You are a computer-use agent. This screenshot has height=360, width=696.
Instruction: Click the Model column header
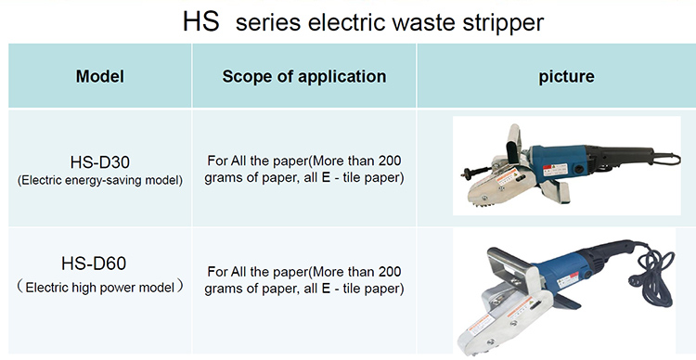tap(100, 76)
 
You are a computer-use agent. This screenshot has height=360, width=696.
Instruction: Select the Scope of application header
tap(304, 76)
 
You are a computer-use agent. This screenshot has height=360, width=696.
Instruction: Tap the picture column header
tap(566, 76)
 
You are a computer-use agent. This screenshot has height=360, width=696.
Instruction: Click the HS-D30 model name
tap(100, 162)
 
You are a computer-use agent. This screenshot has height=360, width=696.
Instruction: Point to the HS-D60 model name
tap(94, 264)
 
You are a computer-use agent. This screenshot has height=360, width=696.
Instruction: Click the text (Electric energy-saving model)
tap(100, 180)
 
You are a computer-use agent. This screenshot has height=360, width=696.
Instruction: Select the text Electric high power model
tap(100, 288)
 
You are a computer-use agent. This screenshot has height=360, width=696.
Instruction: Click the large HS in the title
tap(201, 20)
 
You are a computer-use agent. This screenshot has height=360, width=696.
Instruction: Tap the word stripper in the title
tap(503, 22)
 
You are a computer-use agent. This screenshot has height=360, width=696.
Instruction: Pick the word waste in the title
tap(423, 22)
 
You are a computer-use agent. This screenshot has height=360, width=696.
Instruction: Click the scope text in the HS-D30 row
tap(304, 169)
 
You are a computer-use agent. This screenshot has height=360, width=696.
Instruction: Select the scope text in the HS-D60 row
tap(304, 280)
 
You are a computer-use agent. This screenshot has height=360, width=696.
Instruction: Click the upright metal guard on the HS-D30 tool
tap(513, 144)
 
